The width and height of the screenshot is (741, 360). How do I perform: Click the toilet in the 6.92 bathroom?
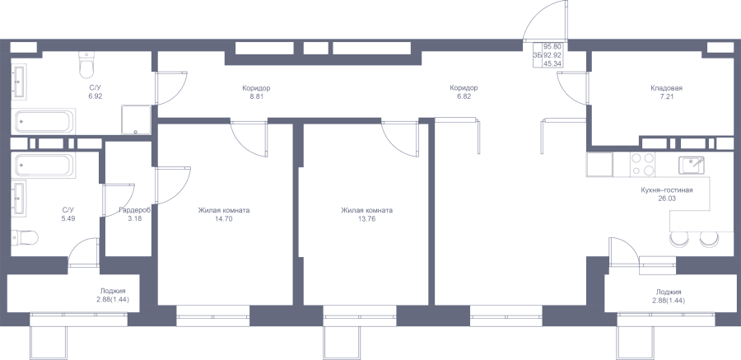(86, 65)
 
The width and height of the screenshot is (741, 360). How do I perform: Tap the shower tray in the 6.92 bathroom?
(136, 119)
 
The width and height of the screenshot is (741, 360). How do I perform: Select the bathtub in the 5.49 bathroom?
(44, 166)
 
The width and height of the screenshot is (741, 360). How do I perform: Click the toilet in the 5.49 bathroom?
(25, 237)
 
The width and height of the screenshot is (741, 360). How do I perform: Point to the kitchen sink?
(692, 165)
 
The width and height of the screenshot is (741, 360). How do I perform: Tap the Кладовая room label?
(666, 88)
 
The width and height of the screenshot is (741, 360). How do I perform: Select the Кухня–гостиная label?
(667, 190)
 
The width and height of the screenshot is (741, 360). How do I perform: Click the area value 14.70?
(223, 218)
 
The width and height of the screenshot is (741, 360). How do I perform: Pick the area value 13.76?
(366, 218)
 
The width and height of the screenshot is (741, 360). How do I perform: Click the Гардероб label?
(135, 210)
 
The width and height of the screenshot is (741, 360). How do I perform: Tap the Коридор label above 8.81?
(256, 88)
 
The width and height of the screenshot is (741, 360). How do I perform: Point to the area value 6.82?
(464, 96)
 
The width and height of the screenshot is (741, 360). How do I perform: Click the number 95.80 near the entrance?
(552, 46)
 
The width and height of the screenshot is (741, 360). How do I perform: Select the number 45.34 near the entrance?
(552, 63)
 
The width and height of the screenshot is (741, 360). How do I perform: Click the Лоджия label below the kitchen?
(669, 292)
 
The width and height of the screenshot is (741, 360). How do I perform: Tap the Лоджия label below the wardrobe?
(113, 292)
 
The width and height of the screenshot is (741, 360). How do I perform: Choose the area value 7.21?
(666, 96)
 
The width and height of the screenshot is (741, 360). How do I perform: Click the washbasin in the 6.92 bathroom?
(20, 82)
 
